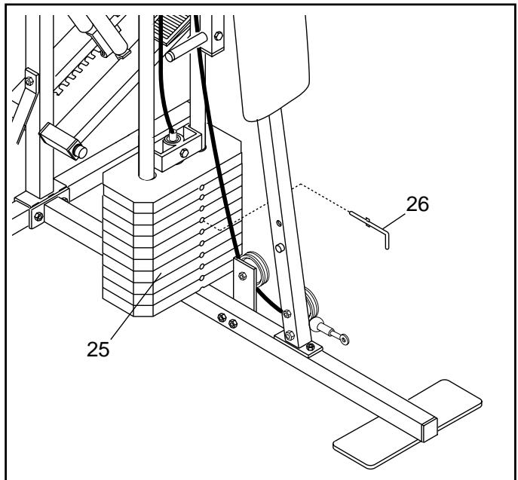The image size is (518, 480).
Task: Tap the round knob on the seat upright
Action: click(x=280, y=248)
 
